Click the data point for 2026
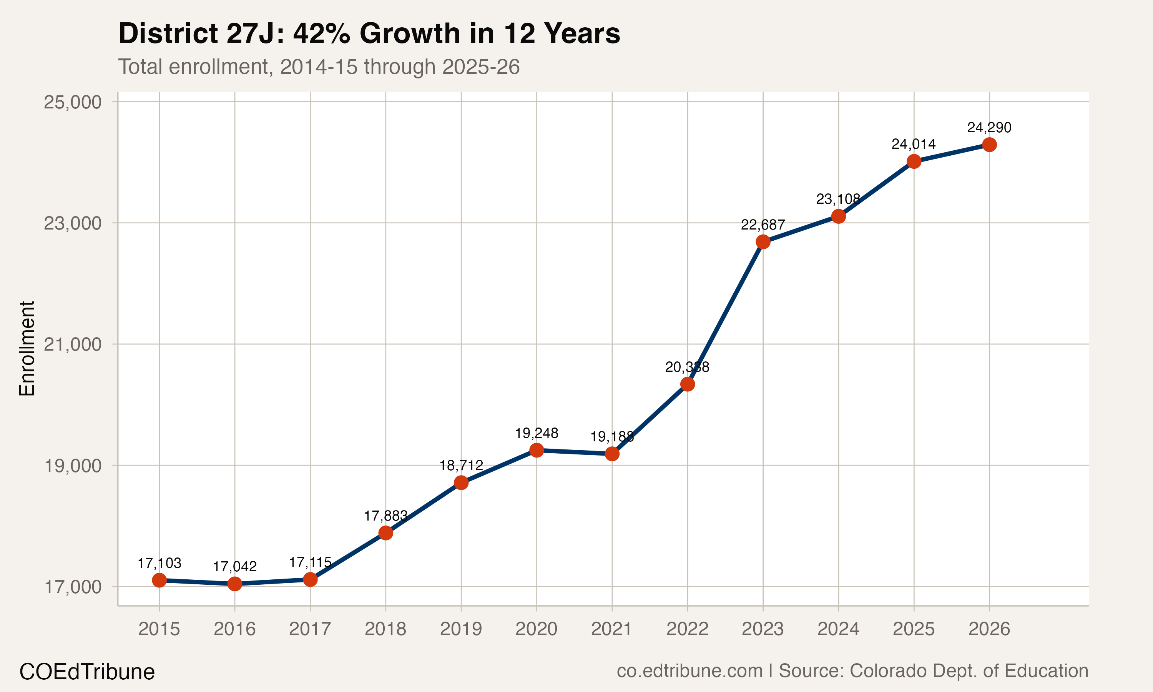[x=989, y=145]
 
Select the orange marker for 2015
[x=159, y=580]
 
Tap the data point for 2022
[x=688, y=384]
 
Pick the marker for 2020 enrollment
[x=537, y=450]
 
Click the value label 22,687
[x=763, y=225]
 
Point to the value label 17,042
[x=235, y=567]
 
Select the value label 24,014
[x=914, y=144]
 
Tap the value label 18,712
[x=461, y=466]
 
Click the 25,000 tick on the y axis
[x=72, y=101]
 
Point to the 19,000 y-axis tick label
[x=72, y=466]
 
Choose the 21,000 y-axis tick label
[x=72, y=344]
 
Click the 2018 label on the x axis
[x=385, y=629]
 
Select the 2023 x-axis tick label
[x=763, y=629]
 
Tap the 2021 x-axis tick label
[x=611, y=629]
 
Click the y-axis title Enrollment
[x=27, y=349]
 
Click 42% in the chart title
[x=321, y=33]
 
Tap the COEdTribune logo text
[x=87, y=672]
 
